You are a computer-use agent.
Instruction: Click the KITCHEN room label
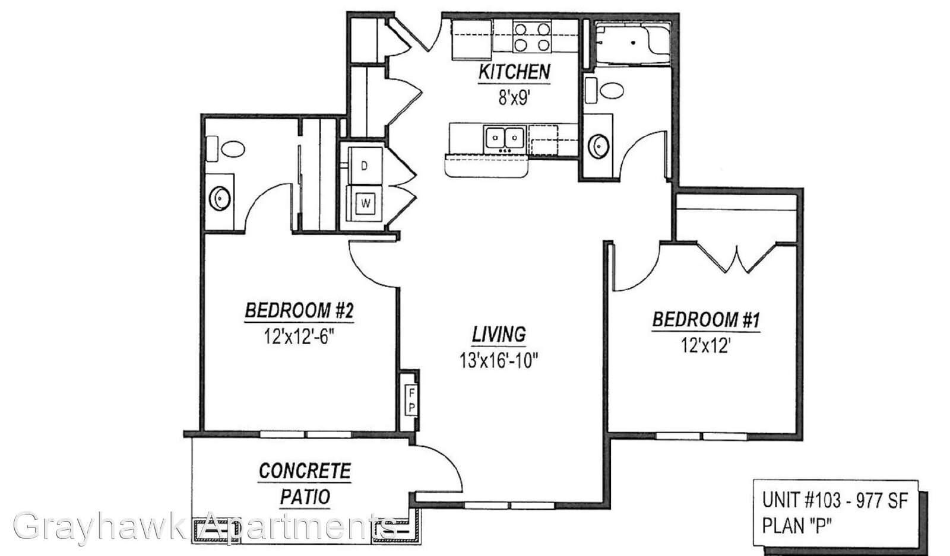[514, 72]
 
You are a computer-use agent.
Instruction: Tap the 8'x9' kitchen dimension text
[514, 98]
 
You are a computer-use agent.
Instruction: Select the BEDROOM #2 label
[299, 310]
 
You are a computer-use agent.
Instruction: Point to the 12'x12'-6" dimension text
[299, 337]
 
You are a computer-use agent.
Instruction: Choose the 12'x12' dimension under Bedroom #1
[706, 346]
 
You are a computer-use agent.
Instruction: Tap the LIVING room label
[499, 334]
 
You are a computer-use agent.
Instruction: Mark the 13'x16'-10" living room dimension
[499, 361]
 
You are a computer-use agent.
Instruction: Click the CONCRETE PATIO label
[305, 483]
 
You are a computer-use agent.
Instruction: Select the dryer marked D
[365, 166]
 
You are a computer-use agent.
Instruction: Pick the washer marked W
[365, 204]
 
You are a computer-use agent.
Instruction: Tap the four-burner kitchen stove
[532, 36]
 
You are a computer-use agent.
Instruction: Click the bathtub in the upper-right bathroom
[633, 43]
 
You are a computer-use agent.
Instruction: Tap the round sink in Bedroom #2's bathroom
[220, 198]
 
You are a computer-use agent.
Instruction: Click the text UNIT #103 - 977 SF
[835, 500]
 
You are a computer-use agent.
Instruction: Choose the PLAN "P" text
[796, 526]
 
